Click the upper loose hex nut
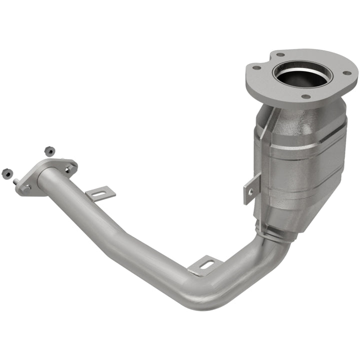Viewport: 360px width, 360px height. tap(49, 150)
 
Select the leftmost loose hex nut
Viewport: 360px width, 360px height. tap(6, 172)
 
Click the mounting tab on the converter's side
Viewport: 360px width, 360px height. tap(252, 187)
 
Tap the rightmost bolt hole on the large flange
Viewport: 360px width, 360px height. tap(346, 74)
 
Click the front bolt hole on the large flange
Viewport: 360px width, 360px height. tap(305, 96)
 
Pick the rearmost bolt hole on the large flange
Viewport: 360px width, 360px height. tap(279, 54)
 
